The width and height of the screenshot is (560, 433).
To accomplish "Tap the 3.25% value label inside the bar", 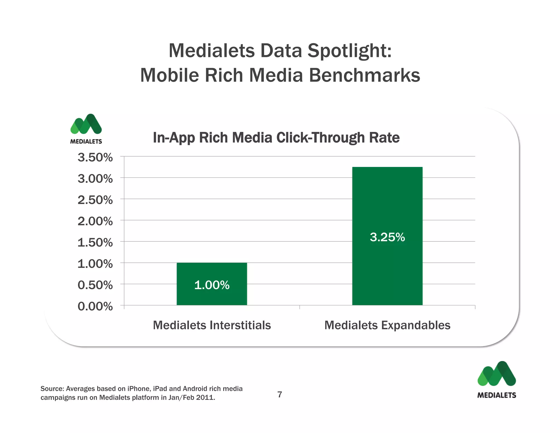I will [387, 237].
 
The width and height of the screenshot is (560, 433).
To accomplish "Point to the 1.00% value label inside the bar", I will [212, 285].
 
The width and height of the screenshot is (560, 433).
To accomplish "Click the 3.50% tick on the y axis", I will [95, 158].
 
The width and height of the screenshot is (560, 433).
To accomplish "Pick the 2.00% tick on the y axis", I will [95, 221].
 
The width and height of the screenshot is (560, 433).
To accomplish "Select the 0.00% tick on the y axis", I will [95, 306].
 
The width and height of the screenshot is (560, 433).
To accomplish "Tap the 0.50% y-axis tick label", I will [95, 285].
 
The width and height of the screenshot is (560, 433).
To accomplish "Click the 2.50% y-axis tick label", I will [95, 200].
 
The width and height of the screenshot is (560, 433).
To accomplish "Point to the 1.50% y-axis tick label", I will [95, 243].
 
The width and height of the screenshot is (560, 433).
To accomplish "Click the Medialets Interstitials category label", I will [212, 325].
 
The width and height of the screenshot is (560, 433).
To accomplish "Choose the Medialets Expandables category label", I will [387, 325].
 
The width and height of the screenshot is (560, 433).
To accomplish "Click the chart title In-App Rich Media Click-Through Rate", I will [276, 137].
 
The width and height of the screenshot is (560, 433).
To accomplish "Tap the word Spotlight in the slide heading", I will [349, 51].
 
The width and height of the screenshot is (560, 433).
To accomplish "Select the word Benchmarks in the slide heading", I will [364, 75].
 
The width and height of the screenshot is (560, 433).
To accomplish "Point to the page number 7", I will [280, 394].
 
